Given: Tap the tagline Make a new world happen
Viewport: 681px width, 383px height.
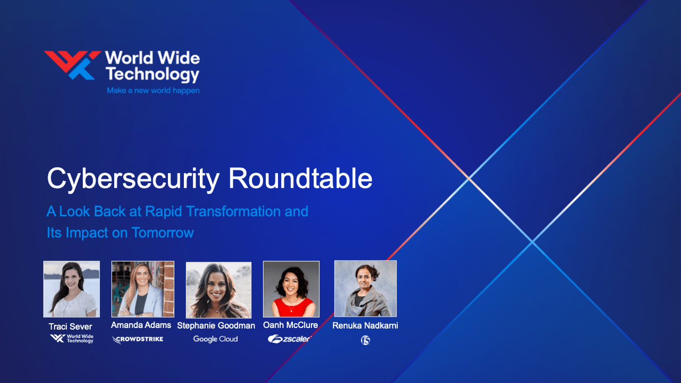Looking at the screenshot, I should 153,90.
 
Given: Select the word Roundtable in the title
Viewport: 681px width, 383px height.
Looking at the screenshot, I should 300,179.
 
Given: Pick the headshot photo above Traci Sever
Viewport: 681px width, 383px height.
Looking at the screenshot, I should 72,289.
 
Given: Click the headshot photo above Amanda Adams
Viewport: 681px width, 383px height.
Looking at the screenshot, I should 142,288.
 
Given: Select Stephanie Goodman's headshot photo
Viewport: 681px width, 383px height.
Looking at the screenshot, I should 218,290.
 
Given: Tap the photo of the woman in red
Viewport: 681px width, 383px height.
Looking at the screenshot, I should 291,289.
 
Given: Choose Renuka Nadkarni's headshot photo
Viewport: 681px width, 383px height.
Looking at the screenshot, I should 365,288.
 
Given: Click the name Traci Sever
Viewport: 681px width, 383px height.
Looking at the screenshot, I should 70,327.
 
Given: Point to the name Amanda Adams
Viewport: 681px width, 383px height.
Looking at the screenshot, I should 141,326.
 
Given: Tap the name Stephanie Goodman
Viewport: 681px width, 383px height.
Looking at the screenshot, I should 216,326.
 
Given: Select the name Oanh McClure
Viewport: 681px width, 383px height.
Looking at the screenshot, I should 291,326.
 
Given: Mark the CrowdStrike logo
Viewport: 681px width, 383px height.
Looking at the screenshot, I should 138,339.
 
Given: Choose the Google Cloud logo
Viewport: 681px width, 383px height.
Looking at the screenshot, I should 216,339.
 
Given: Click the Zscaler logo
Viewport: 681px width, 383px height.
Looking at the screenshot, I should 289,339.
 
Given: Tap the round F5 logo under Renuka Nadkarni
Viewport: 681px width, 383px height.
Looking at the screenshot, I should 365,340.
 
